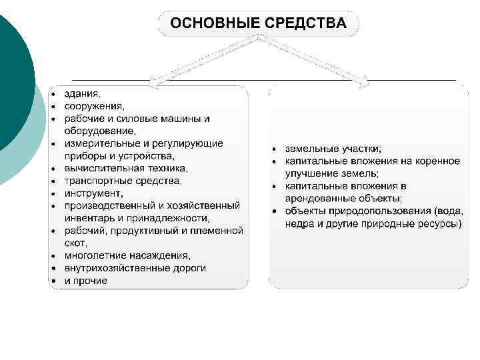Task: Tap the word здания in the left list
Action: [82, 93]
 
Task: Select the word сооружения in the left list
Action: [94, 106]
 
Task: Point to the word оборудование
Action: [99, 131]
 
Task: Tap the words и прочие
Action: [85, 281]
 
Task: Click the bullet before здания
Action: [53, 94]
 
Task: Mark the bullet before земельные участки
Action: [275, 149]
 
